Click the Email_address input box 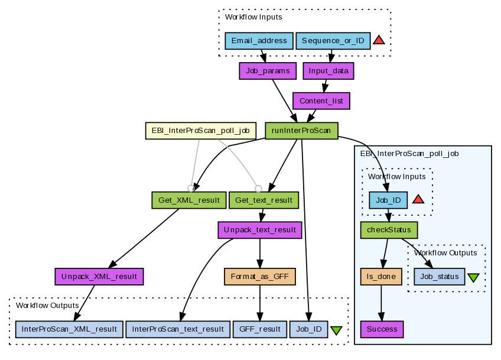[x=259, y=41]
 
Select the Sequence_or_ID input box [x=333, y=41]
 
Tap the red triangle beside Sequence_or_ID [x=379, y=40]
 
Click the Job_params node [x=267, y=71]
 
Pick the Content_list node [x=321, y=100]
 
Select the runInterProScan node [x=302, y=131]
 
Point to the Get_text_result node [x=263, y=200]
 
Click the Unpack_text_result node [x=260, y=229]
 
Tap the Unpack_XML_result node [x=99, y=275]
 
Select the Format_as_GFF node [x=259, y=275]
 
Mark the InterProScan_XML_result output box [x=69, y=329]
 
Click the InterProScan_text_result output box [x=178, y=329]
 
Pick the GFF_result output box [x=260, y=329]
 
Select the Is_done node [x=381, y=276]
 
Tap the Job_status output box [x=439, y=276]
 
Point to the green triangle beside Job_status [x=473, y=277]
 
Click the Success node [x=382, y=329]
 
